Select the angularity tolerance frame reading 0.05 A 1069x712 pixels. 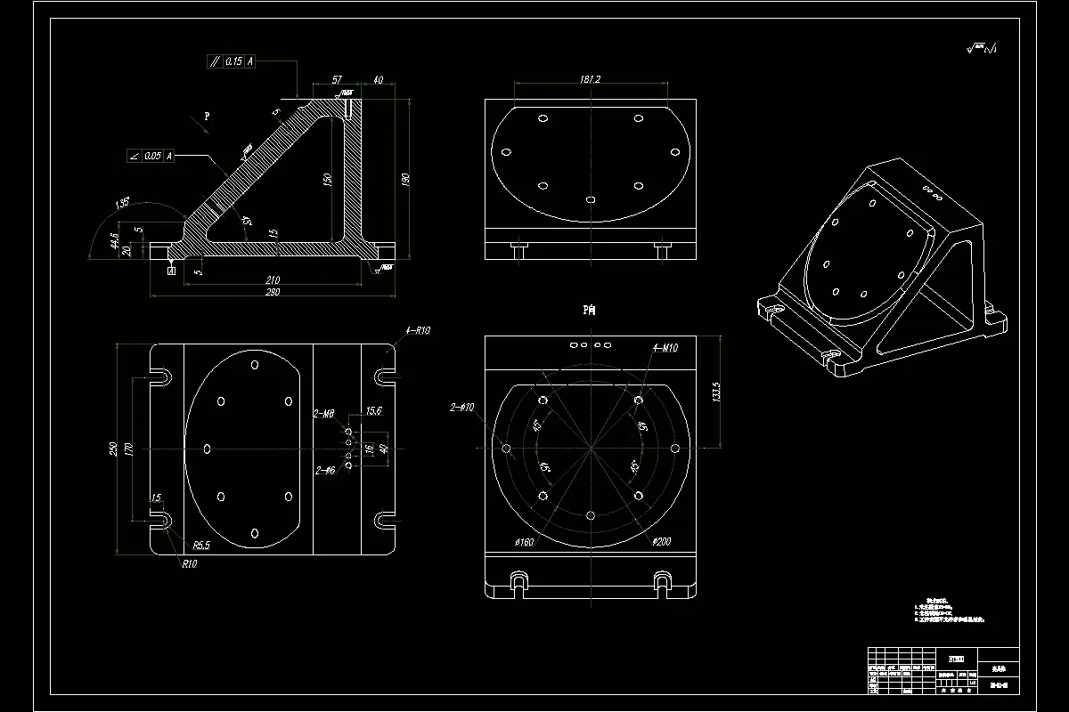point(151,156)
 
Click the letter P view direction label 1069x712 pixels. point(207,116)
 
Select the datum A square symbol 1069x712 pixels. point(170,270)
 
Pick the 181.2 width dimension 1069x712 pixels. point(590,80)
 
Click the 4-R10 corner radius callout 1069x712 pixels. point(418,330)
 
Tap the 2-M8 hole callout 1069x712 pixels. point(323,414)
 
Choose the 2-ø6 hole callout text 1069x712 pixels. point(325,469)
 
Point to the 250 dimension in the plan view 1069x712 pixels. point(113,449)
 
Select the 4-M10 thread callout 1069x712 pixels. point(665,348)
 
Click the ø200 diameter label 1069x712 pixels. point(661,541)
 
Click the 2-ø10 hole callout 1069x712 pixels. point(462,408)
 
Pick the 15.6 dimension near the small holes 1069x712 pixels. point(374,411)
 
